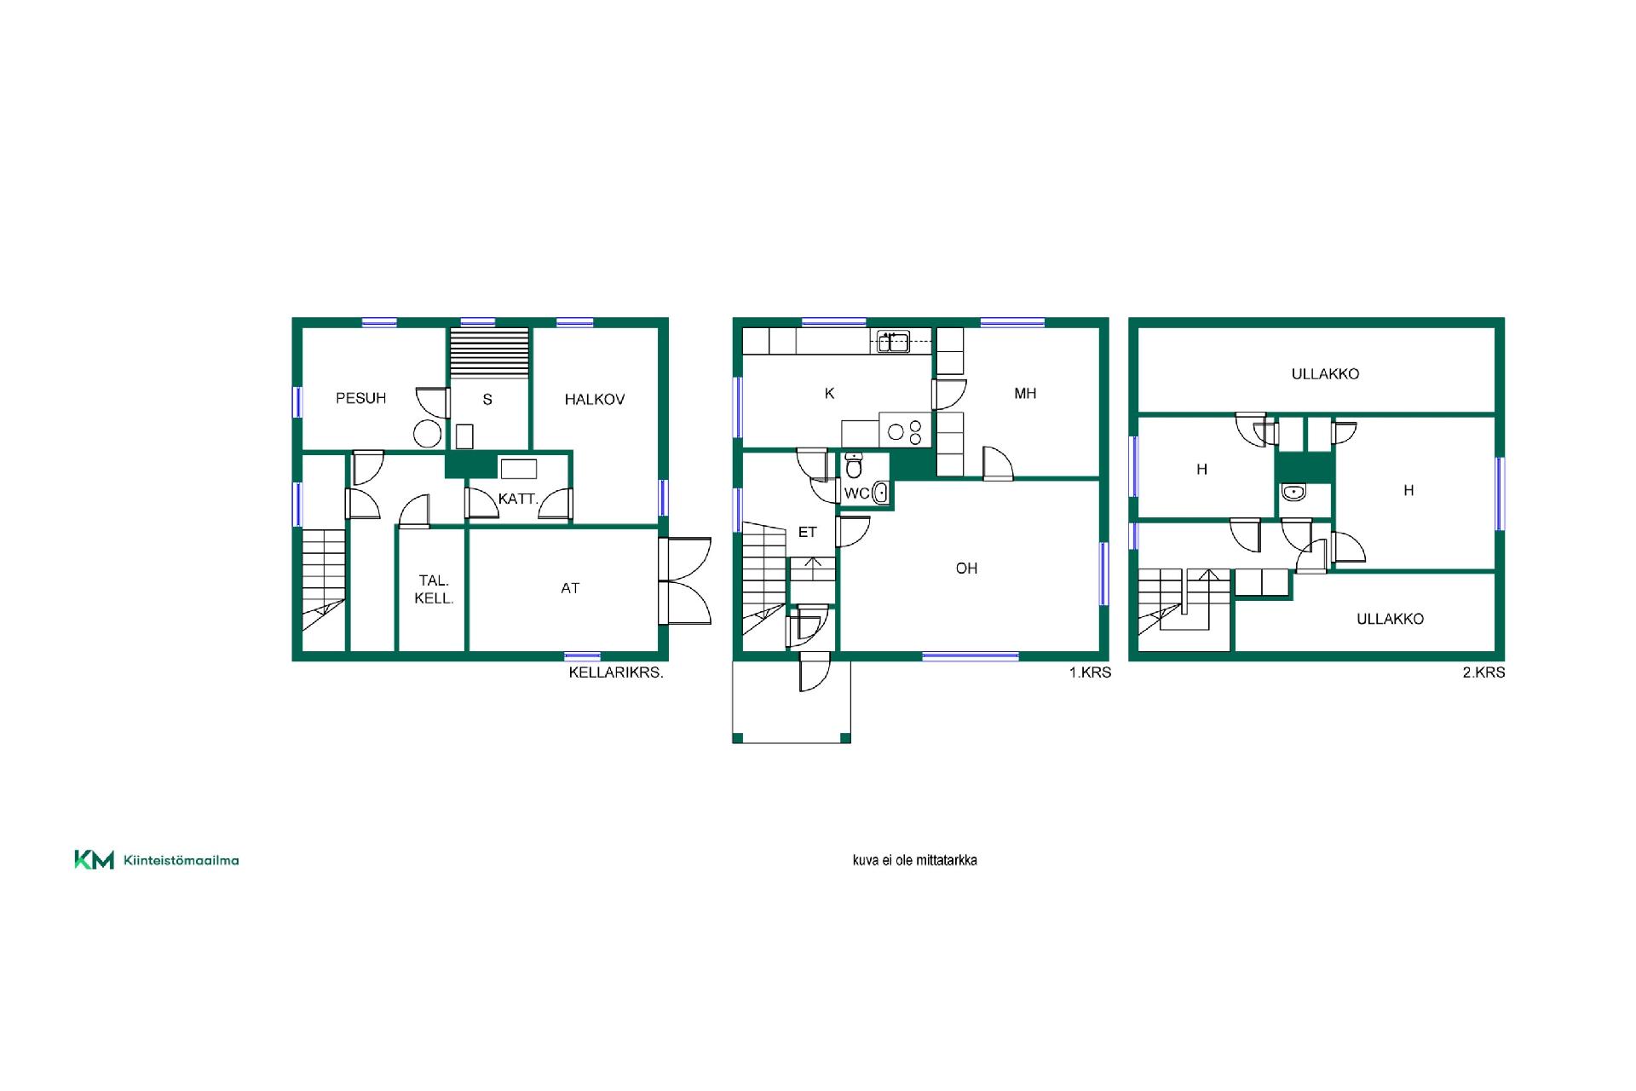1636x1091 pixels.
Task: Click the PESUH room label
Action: [x=360, y=398]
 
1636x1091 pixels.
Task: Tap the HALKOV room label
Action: [x=595, y=399]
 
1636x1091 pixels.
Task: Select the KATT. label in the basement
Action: [x=518, y=499]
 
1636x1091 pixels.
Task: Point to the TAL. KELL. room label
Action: [x=434, y=590]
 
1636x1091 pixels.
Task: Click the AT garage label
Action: [x=570, y=588]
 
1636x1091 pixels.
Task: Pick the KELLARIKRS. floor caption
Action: [x=616, y=672]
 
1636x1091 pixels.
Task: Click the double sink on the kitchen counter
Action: [x=894, y=342]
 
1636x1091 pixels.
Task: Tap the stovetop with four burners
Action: [x=905, y=431]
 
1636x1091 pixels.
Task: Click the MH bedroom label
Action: [x=1025, y=394]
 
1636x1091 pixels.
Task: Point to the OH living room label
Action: [x=966, y=569]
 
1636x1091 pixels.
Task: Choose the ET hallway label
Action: [x=808, y=532]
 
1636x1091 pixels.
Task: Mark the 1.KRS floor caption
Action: [x=1090, y=672]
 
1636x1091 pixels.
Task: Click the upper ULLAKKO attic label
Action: [x=1325, y=373]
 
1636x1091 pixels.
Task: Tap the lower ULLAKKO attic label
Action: [x=1390, y=619]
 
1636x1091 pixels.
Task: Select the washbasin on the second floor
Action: [x=1293, y=493]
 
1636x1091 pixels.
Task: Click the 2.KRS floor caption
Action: [x=1483, y=672]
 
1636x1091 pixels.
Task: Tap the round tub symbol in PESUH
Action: [x=427, y=434]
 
